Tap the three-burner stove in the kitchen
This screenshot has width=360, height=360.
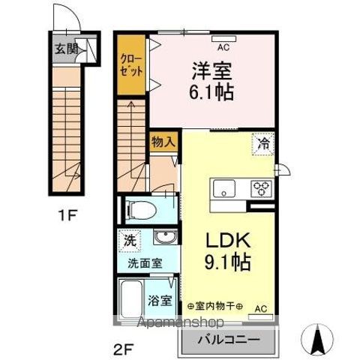(262, 187)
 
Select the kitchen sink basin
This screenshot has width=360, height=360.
(225, 188)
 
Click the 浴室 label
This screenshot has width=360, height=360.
(160, 300)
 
